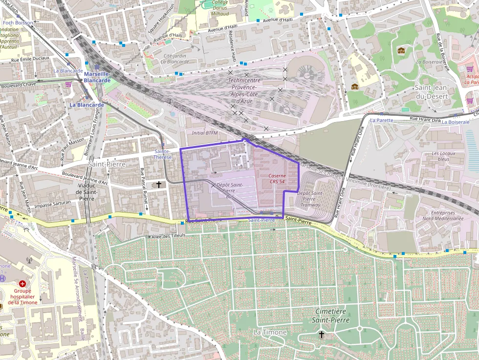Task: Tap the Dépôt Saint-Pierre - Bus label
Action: click(230, 191)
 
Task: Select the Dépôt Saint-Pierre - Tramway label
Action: click(310, 199)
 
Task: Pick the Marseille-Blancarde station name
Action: click(97, 77)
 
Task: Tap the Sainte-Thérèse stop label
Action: click(163, 154)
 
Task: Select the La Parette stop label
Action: click(381, 120)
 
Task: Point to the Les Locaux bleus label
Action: click(443, 156)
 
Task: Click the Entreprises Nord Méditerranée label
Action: click(443, 216)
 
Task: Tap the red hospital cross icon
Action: click(22, 284)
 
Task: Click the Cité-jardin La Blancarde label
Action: click(175, 59)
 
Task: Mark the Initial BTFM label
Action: click(205, 133)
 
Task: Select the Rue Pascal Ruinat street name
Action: click(143, 189)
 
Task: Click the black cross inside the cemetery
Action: click(321, 335)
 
